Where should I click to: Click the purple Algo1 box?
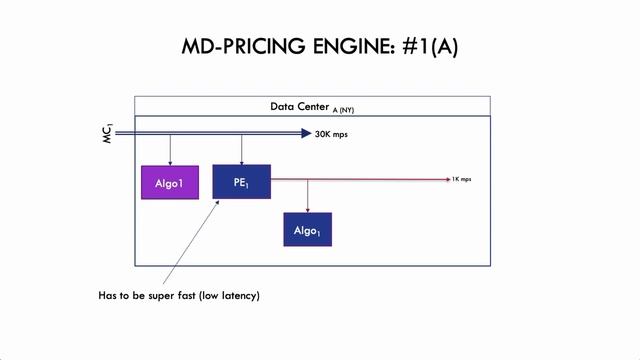(x=169, y=184)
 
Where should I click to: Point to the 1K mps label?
(x=461, y=179)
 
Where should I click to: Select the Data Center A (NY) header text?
(x=311, y=107)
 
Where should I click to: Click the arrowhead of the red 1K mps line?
(x=446, y=179)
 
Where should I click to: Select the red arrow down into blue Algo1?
(x=307, y=198)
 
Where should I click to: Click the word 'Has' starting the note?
(x=108, y=296)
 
